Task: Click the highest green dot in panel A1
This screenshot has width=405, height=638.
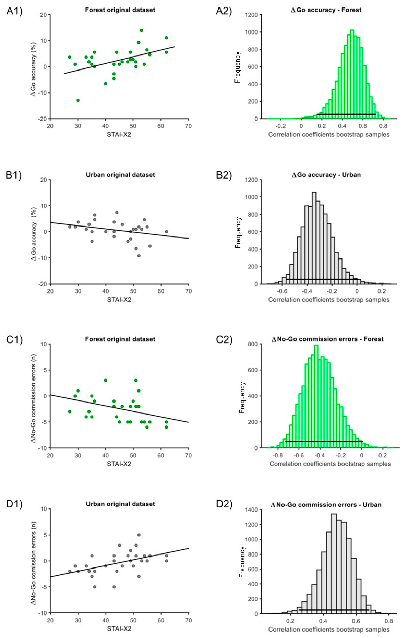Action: point(141,30)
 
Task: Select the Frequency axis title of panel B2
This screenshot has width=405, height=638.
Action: point(238,232)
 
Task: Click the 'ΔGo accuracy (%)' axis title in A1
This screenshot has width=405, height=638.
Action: point(34,67)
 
